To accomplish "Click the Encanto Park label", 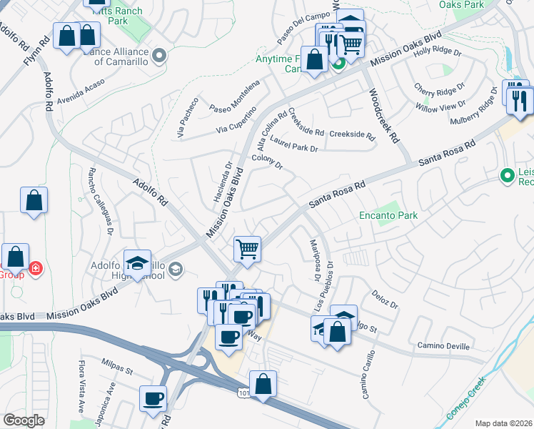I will coord(388,214).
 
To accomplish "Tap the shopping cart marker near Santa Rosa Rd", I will coord(247,250).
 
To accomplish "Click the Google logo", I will coord(24,420).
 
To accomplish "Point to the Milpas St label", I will coord(117,365).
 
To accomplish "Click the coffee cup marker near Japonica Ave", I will coord(153,398).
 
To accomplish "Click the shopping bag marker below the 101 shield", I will coord(263,384).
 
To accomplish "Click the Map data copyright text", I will coord(504,423).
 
